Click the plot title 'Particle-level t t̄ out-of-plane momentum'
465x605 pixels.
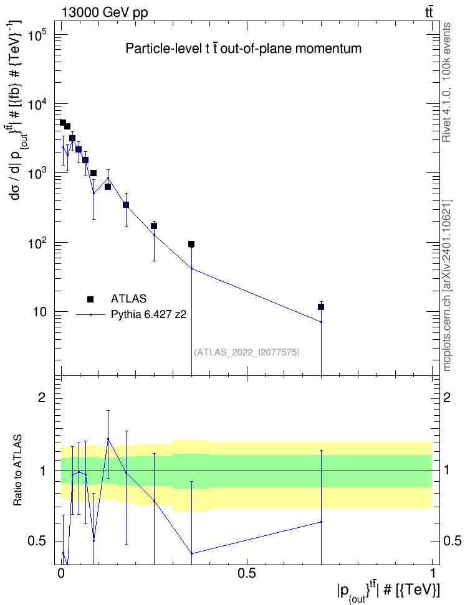pyautogui.click(x=244, y=49)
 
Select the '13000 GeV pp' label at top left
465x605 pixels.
pyautogui.click(x=104, y=12)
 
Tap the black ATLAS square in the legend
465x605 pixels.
pyautogui.click(x=90, y=299)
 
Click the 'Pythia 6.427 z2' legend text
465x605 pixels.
pyautogui.click(x=148, y=315)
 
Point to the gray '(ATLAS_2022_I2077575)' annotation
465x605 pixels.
pyautogui.click(x=247, y=352)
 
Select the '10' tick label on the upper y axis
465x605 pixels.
pyautogui.click(x=39, y=312)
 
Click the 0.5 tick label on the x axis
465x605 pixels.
pyautogui.click(x=247, y=573)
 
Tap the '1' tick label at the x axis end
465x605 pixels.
pyautogui.click(x=433, y=573)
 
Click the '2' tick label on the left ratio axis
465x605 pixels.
pyautogui.click(x=42, y=397)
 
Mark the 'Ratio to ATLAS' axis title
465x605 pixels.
pyautogui.click(x=18, y=471)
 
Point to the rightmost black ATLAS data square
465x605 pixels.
pyautogui.click(x=321, y=307)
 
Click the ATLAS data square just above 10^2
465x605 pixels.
pyautogui.click(x=191, y=244)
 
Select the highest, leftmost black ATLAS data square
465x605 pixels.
pyautogui.click(x=63, y=123)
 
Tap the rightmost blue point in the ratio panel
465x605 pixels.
pyautogui.click(x=321, y=522)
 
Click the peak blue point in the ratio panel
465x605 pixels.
pyautogui.click(x=108, y=439)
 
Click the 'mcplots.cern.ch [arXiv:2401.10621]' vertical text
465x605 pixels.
pyautogui.click(x=447, y=286)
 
